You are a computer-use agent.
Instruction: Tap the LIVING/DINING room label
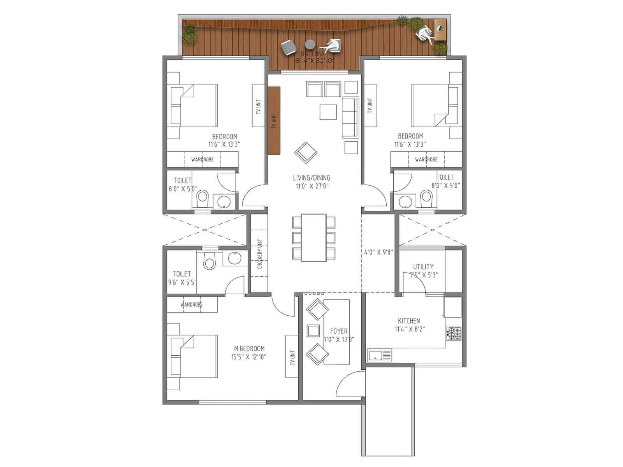[x=311, y=178]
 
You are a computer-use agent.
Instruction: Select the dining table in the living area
[x=314, y=237]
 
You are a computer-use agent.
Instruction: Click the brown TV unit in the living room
[x=274, y=121]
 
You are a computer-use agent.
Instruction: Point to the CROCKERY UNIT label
[x=260, y=254]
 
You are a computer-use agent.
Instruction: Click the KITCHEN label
[x=409, y=321]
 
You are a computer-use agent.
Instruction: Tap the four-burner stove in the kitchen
[x=454, y=333]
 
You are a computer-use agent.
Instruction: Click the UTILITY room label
[x=423, y=267]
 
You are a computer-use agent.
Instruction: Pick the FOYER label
[x=339, y=331]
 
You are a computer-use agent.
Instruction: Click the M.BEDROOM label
[x=249, y=349]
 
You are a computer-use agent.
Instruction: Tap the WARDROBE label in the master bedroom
[x=192, y=304]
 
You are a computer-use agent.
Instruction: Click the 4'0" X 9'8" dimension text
[x=378, y=252]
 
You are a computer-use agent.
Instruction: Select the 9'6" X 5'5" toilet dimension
[x=182, y=282]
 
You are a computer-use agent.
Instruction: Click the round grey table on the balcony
[x=310, y=44]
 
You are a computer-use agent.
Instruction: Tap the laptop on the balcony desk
[x=440, y=28]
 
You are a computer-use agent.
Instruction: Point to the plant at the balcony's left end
[x=190, y=33]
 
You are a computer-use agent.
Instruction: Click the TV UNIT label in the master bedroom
[x=292, y=357]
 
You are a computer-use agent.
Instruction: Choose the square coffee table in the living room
[x=328, y=112]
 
